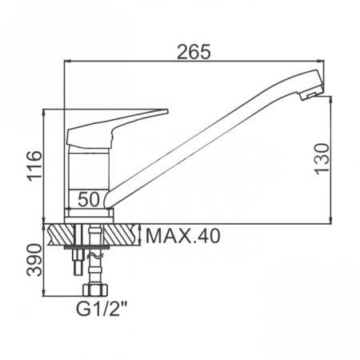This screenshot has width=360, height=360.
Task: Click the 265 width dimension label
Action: [194, 52]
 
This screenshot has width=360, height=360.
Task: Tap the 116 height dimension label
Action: [35, 166]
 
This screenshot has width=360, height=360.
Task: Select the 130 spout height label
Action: [322, 158]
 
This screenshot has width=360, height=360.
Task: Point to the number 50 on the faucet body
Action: [89, 199]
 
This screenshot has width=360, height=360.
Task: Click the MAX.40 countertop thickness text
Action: [183, 236]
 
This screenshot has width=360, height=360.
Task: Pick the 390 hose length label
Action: [35, 260]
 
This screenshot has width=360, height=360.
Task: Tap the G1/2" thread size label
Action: [102, 309]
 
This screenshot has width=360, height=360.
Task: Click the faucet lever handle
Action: [112, 128]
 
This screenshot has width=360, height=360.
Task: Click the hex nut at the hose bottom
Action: [95, 290]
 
